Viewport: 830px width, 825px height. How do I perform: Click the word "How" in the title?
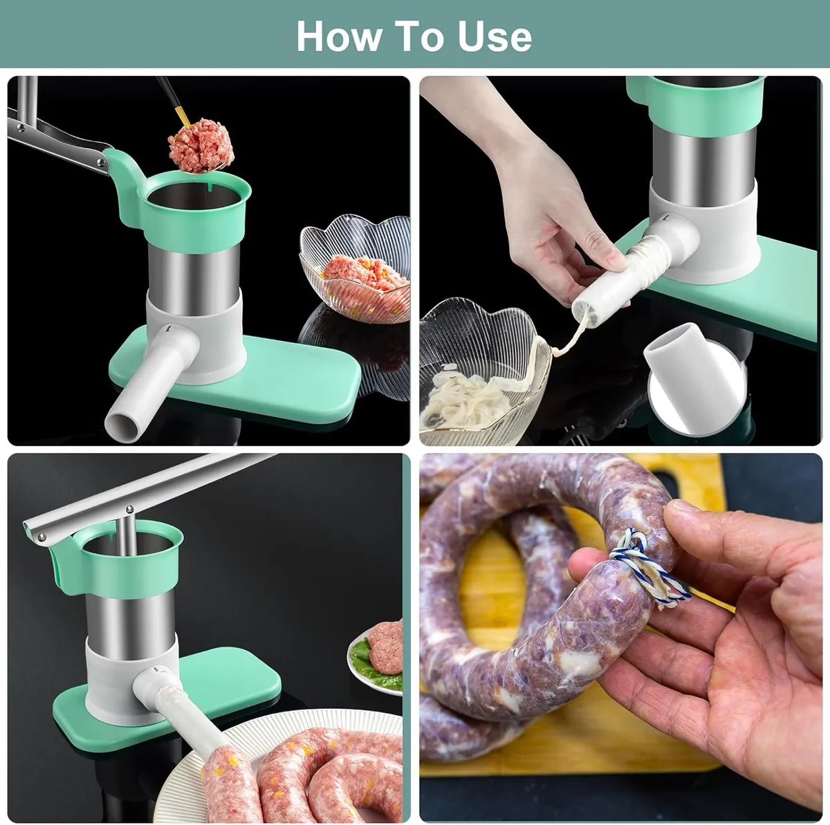[339, 36]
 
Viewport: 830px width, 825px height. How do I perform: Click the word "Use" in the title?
[495, 36]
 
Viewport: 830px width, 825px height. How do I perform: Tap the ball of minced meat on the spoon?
[201, 146]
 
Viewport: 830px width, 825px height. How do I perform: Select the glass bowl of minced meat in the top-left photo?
[355, 269]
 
